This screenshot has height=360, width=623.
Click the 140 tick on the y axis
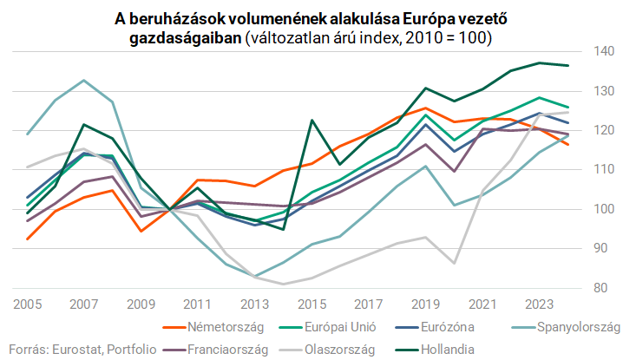(x=605, y=52)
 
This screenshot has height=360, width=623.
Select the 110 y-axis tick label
(x=605, y=170)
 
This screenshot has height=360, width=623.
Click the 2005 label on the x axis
(x=28, y=304)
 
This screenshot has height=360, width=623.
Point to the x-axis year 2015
(x=310, y=304)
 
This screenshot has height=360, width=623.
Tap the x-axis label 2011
(x=197, y=304)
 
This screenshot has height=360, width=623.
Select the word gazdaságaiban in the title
(x=185, y=38)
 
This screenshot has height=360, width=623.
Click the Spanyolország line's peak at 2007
(x=83, y=80)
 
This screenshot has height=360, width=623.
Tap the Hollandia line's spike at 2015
(x=311, y=120)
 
